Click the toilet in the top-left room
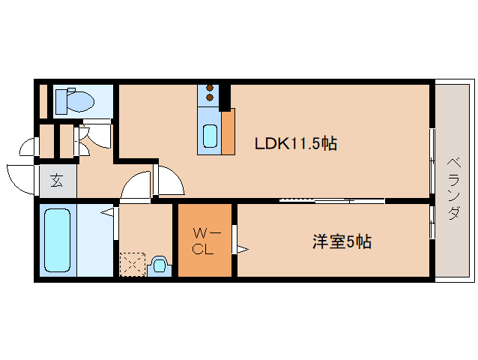point(78,100)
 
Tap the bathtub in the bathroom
point(57,240)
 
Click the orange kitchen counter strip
point(229,132)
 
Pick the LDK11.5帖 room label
point(295,143)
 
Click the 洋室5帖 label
point(342,242)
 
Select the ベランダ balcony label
point(454,188)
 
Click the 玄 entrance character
point(57,181)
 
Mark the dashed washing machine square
point(133,265)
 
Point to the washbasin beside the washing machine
point(159,265)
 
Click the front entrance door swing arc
point(21,177)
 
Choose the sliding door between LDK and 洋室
point(332,200)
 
